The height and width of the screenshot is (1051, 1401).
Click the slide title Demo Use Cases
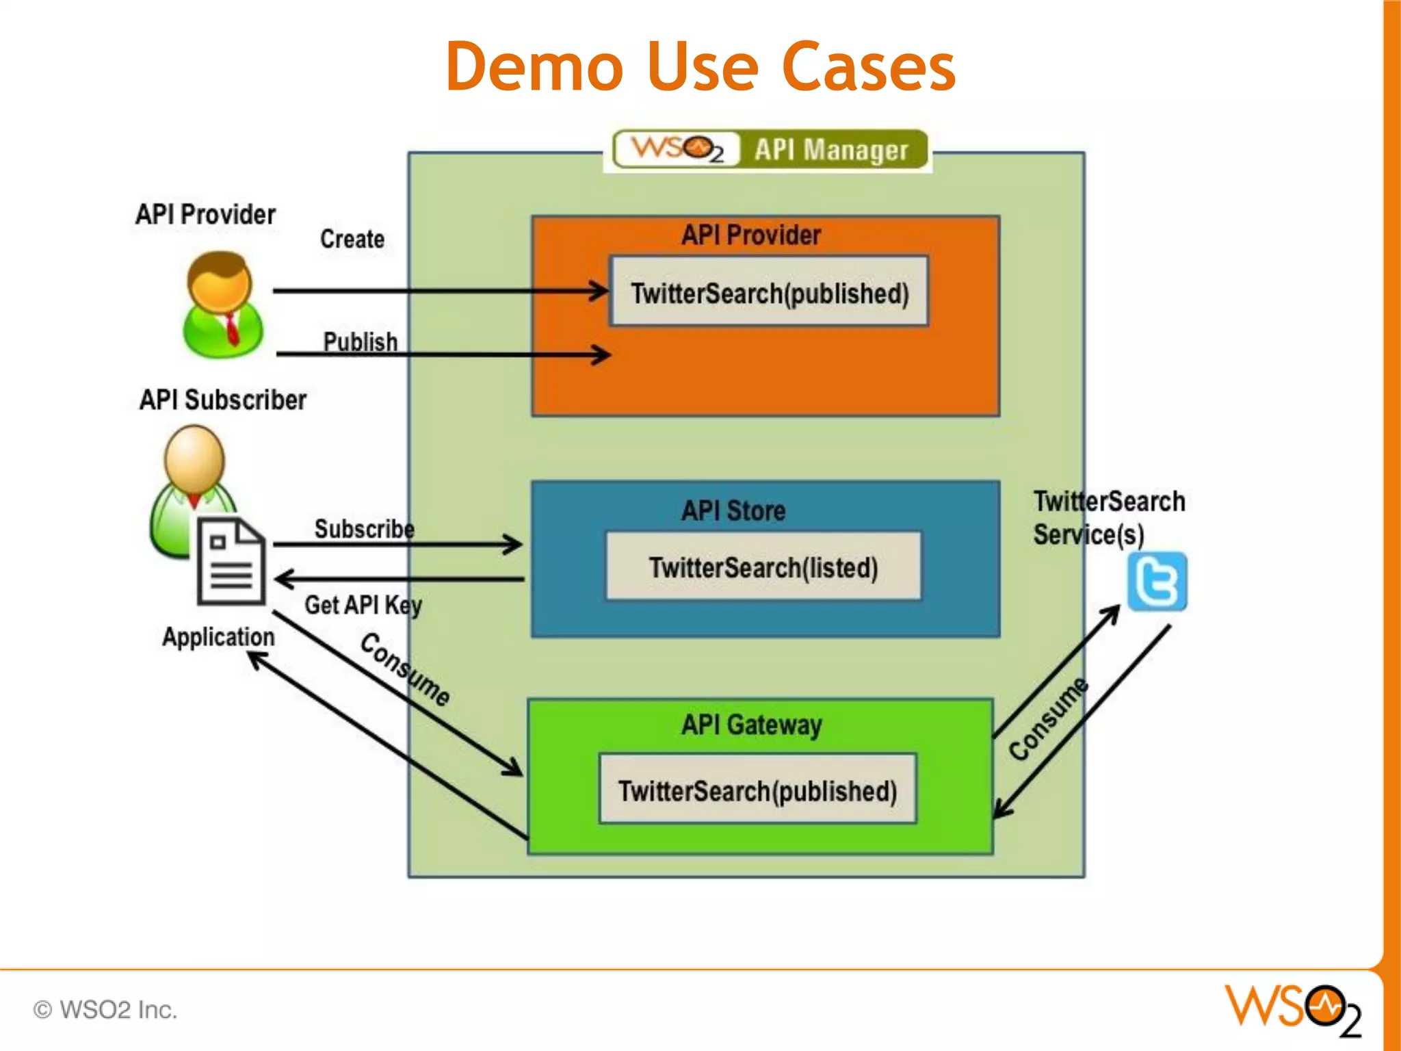coord(700,67)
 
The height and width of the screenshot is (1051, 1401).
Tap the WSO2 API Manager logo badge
coord(770,149)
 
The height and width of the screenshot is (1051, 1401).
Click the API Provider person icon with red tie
coord(222,304)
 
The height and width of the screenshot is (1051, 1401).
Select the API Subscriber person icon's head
coord(194,457)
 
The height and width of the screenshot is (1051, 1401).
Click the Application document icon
coord(231,561)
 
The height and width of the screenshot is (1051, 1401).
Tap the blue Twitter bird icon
coord(1157,582)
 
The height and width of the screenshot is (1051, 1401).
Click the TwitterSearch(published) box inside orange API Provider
coord(769,293)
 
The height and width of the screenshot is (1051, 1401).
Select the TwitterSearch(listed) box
coord(763,567)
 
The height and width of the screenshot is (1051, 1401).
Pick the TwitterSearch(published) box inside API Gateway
coord(757,790)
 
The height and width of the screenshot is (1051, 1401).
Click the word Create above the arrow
coord(352,239)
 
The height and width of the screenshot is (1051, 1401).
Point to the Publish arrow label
coord(361,341)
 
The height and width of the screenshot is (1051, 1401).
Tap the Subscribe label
coord(364,529)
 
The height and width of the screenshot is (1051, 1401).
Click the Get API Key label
coord(363,605)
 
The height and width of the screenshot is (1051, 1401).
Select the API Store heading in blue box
coord(733,510)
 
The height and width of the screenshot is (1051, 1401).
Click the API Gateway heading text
coord(751,725)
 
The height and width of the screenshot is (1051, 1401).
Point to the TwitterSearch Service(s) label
coord(1108,518)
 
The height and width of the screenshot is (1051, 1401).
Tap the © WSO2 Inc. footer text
coord(105,1010)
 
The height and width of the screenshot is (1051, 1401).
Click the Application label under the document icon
coord(218,637)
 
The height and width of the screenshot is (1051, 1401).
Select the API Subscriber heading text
coord(223,400)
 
